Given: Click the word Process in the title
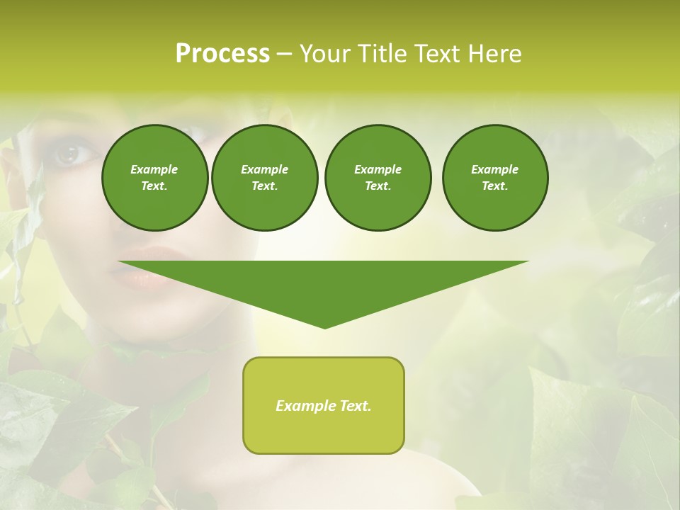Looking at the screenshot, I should (222, 54).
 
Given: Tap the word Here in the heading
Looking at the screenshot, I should (494, 54).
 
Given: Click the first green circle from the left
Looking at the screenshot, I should (154, 178).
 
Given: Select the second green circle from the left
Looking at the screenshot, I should (264, 178).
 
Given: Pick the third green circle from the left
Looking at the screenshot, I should (378, 178).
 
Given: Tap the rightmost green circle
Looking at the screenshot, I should (494, 178).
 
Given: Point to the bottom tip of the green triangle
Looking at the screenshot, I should (324, 327).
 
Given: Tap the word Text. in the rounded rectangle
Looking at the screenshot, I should (354, 406).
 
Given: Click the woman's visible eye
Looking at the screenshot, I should (72, 153).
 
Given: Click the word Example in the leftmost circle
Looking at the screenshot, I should (154, 169).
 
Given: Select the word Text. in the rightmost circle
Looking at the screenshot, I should (494, 186).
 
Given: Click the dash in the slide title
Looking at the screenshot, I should (284, 54).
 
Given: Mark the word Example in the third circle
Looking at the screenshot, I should (378, 169).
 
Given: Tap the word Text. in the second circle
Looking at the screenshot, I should (264, 186).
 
